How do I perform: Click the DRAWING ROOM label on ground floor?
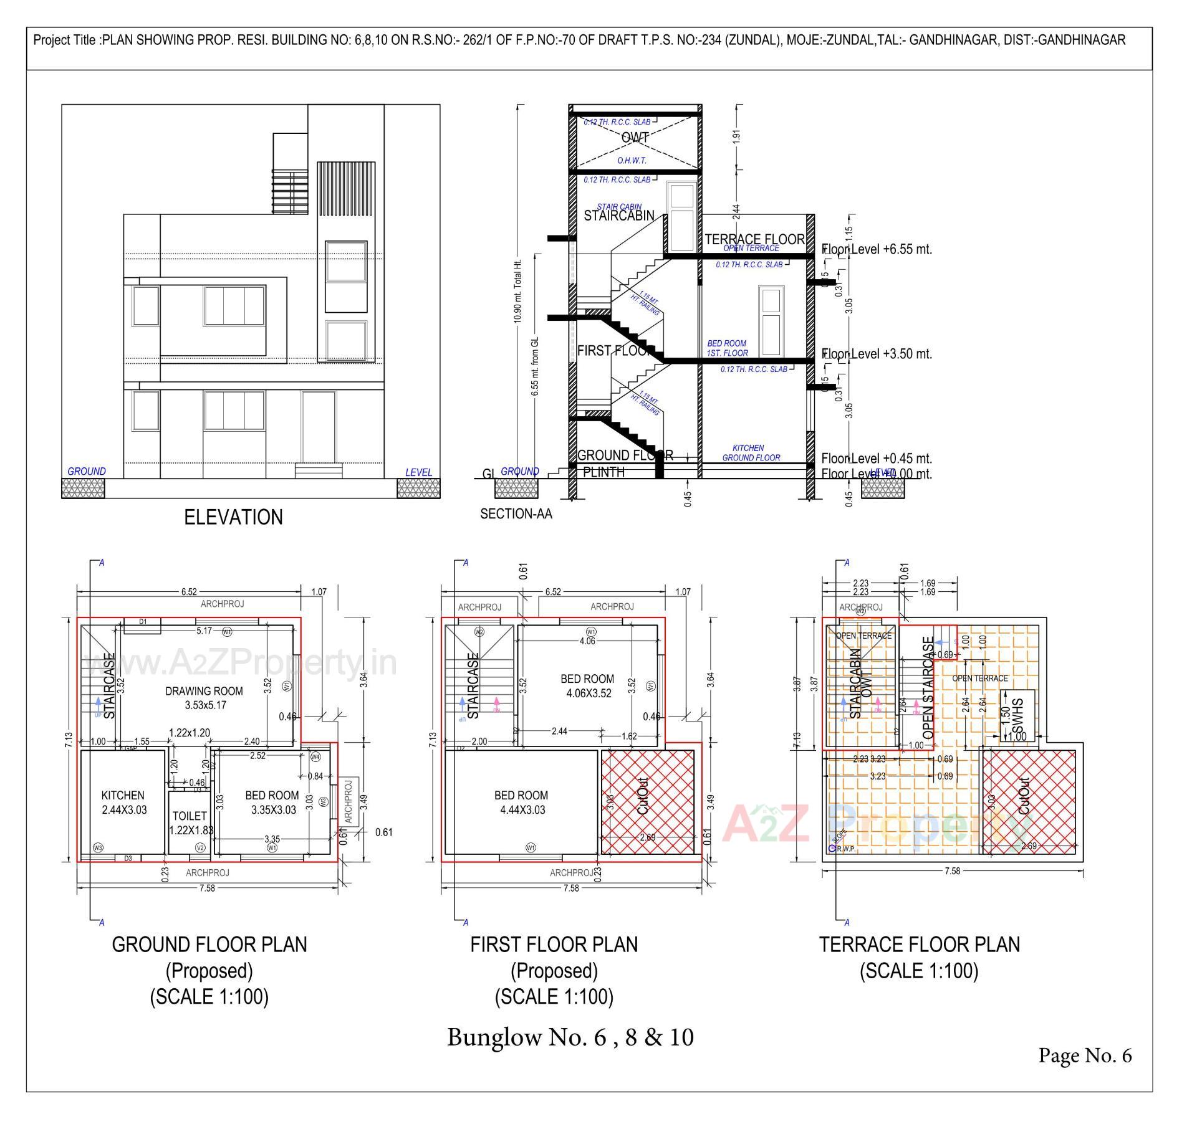click(204, 691)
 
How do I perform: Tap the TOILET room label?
click(190, 816)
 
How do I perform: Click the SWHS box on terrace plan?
click(1017, 715)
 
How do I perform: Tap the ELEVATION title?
click(233, 517)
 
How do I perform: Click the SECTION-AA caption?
click(516, 514)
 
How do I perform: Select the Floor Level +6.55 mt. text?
click(876, 249)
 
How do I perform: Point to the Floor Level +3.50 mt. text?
click(876, 354)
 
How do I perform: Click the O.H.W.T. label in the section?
click(632, 161)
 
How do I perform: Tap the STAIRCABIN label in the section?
click(618, 216)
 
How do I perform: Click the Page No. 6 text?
click(1084, 1055)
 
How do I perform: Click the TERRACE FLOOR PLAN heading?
click(919, 945)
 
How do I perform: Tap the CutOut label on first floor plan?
click(643, 796)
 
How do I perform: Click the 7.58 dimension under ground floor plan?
click(207, 888)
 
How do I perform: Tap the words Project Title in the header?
click(65, 40)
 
